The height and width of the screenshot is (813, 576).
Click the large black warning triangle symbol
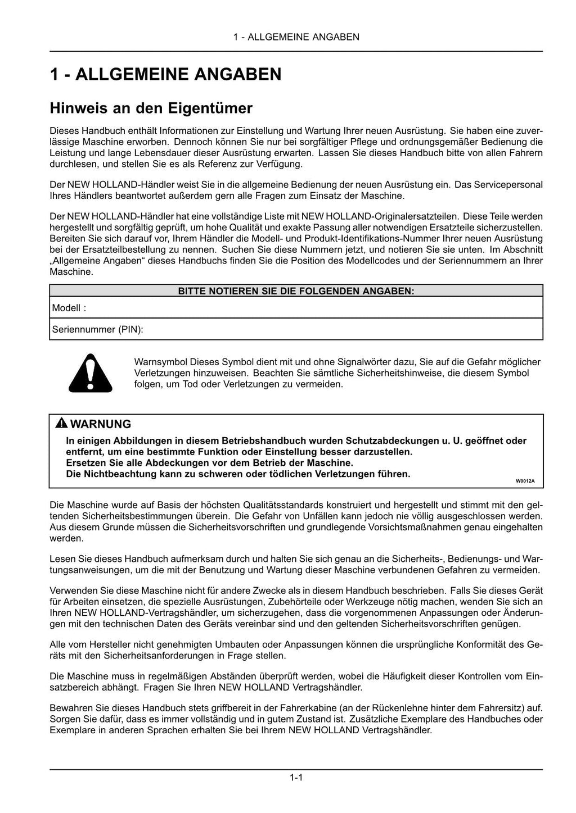point(90,374)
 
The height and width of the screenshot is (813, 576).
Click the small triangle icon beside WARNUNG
point(61,424)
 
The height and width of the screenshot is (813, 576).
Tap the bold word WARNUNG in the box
point(101,424)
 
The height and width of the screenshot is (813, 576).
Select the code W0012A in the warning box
point(525,481)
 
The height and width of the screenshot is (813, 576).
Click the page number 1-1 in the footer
point(296,778)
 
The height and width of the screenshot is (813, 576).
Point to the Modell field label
point(69,308)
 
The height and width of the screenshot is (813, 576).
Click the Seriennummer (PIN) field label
point(97,329)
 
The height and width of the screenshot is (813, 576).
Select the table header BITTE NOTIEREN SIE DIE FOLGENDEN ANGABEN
point(296,291)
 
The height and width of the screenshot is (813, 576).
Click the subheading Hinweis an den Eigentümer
point(151,108)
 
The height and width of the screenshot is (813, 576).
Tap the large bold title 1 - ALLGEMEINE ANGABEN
point(165,75)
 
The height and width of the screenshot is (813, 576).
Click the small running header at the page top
point(296,37)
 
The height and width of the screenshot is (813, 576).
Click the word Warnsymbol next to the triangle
point(161,362)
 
